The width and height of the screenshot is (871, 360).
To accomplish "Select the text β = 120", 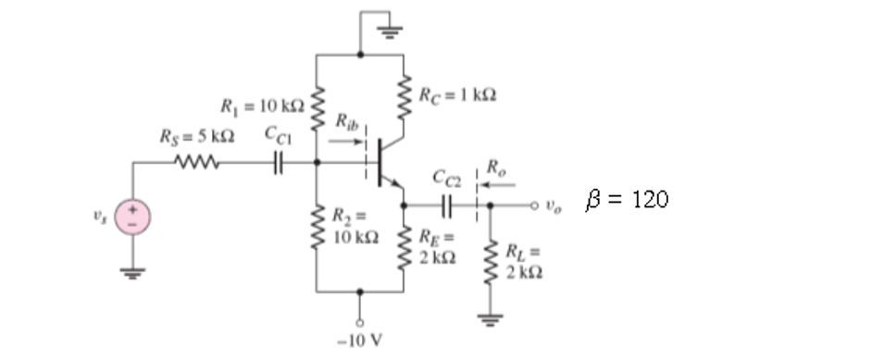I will (628, 199).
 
